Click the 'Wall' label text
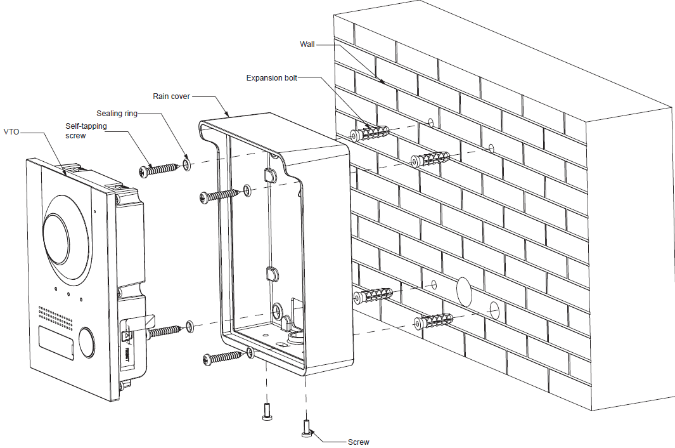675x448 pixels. coord(307,44)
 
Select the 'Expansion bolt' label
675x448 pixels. coord(271,77)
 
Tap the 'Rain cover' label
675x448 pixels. coord(171,96)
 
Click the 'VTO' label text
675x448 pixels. coord(11,133)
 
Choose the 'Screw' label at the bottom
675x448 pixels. coord(358,442)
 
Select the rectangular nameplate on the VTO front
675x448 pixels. coord(56,339)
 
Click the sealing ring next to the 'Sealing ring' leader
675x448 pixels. coord(186,165)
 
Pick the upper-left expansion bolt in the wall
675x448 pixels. coord(371,134)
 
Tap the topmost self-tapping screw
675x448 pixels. coord(157,169)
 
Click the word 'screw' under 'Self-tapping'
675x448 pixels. coord(75,136)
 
